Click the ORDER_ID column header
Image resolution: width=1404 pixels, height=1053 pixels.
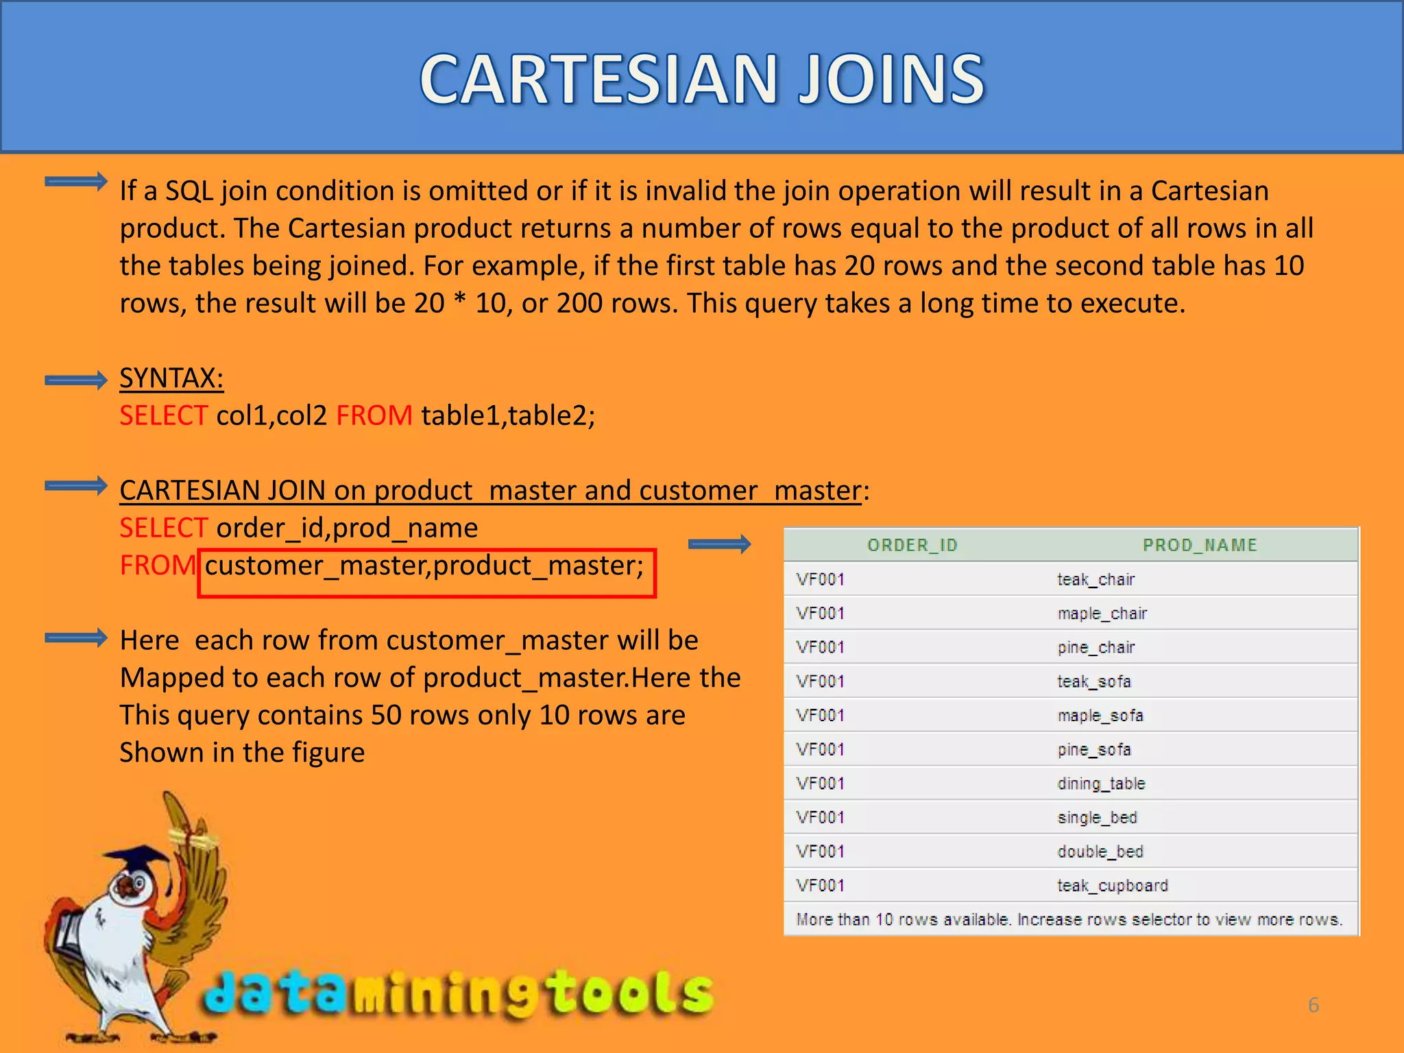pyautogui.click(x=912, y=545)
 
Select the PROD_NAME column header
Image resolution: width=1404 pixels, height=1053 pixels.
pyautogui.click(x=1200, y=545)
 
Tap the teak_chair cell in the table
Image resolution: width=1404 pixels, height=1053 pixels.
pyautogui.click(x=1096, y=579)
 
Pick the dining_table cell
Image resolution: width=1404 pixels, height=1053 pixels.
pyautogui.click(x=1101, y=784)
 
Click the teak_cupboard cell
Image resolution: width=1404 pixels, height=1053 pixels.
pyautogui.click(x=1112, y=886)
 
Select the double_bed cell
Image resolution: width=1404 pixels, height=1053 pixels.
pyautogui.click(x=1100, y=851)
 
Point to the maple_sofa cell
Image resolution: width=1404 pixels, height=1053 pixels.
pyautogui.click(x=1100, y=716)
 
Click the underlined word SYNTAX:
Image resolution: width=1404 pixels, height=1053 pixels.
pyautogui.click(x=171, y=378)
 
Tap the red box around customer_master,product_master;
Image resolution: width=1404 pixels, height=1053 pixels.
pyautogui.click(x=426, y=573)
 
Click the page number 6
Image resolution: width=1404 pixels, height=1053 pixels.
pyautogui.click(x=1313, y=1005)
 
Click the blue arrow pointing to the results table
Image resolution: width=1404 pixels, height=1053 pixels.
pyautogui.click(x=719, y=544)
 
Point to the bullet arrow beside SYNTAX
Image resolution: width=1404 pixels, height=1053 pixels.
pyautogui.click(x=75, y=380)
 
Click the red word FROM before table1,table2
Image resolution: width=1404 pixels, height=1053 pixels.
pyautogui.click(x=374, y=415)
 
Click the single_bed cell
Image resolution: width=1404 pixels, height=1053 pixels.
pyautogui.click(x=1097, y=818)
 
